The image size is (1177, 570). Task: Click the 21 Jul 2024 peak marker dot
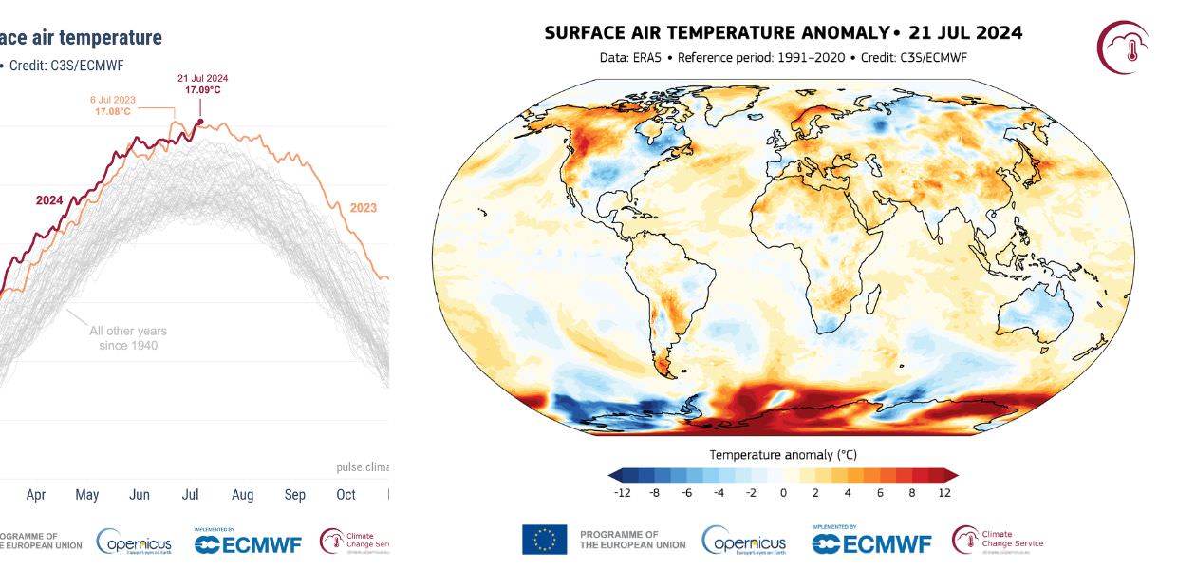(x=200, y=121)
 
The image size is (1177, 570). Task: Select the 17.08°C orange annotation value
(x=112, y=112)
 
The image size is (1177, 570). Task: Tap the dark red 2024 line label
(x=49, y=200)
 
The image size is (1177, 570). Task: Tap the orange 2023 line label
(x=363, y=208)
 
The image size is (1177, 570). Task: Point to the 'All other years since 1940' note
(x=128, y=337)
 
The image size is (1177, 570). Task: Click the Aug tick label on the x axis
(x=242, y=495)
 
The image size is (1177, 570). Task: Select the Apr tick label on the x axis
(x=36, y=495)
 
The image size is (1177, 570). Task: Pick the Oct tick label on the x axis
(x=346, y=495)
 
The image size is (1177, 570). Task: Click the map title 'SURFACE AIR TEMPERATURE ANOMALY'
(x=716, y=33)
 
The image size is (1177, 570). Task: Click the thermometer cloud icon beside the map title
(x=1124, y=47)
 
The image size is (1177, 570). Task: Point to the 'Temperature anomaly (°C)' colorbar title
(x=783, y=455)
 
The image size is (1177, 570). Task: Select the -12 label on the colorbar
(x=623, y=493)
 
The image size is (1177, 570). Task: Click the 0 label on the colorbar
(x=783, y=493)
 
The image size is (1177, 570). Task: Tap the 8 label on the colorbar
(x=911, y=493)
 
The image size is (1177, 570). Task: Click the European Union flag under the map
(x=544, y=540)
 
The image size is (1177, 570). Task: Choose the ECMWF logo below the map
(x=871, y=542)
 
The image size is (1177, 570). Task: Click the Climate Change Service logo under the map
(x=997, y=540)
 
